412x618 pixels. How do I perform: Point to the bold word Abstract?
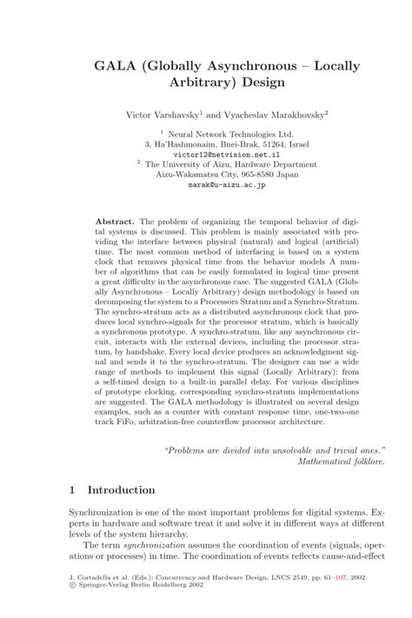(115, 222)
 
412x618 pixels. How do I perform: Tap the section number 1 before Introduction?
(71, 491)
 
